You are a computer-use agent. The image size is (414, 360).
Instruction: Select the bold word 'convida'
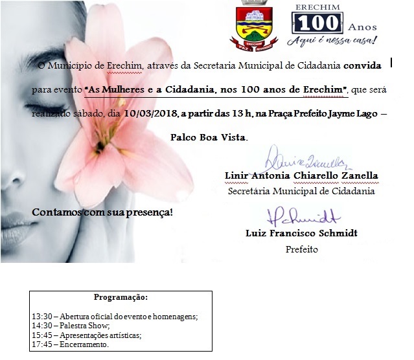[367, 66]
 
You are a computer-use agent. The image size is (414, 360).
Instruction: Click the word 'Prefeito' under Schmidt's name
[301, 249]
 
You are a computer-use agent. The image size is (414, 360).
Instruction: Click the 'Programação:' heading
[121, 298]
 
